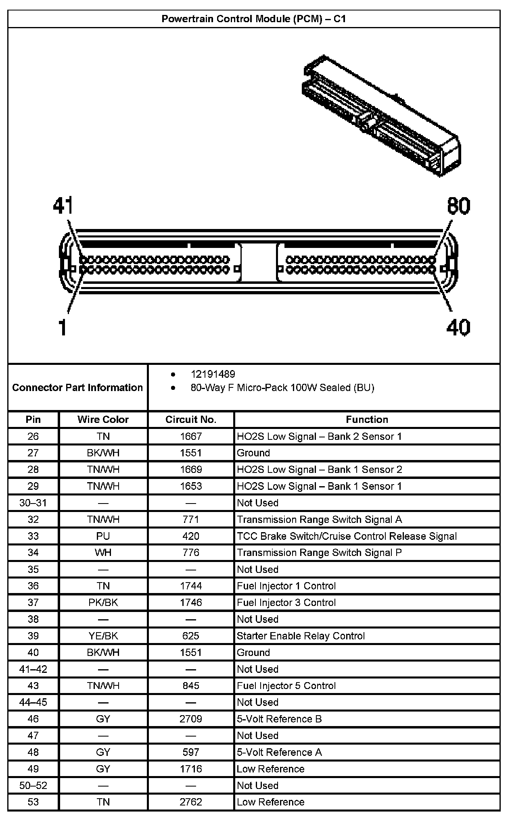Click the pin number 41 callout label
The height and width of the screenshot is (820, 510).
(63, 206)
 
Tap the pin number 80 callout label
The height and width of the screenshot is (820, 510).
(458, 206)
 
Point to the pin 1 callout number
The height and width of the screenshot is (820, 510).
(62, 327)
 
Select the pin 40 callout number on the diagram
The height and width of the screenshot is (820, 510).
(458, 327)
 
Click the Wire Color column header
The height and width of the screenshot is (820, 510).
(103, 419)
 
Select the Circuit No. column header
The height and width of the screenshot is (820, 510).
(191, 419)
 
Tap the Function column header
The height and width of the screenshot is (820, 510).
(367, 419)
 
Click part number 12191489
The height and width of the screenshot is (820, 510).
(213, 374)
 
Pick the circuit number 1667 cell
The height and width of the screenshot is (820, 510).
(191, 436)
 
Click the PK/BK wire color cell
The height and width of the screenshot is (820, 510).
(103, 602)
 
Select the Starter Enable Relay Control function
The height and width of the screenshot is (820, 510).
(301, 636)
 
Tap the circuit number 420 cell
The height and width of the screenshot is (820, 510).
(191, 536)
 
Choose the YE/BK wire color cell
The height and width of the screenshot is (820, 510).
(103, 636)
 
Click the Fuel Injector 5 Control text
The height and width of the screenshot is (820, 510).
(286, 686)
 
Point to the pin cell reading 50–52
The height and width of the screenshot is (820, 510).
(33, 785)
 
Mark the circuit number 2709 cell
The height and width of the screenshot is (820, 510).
(191, 719)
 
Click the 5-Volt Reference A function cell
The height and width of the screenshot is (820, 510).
(279, 752)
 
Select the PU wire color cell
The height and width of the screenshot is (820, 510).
(103, 536)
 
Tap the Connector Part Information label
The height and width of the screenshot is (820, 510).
(77, 387)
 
